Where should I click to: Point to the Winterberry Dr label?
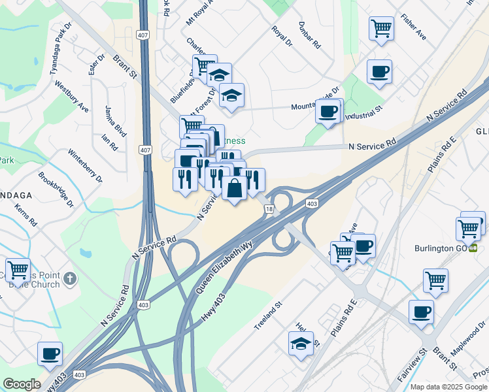point(86,165)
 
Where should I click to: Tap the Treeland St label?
point(267,313)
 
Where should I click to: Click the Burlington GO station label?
point(445,248)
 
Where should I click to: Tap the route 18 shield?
point(269,208)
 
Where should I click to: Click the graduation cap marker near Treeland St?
point(301,344)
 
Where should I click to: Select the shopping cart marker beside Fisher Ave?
point(381,29)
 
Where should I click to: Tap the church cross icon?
point(70,280)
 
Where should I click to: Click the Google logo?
point(22,384)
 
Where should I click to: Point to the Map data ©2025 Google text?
point(448,387)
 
